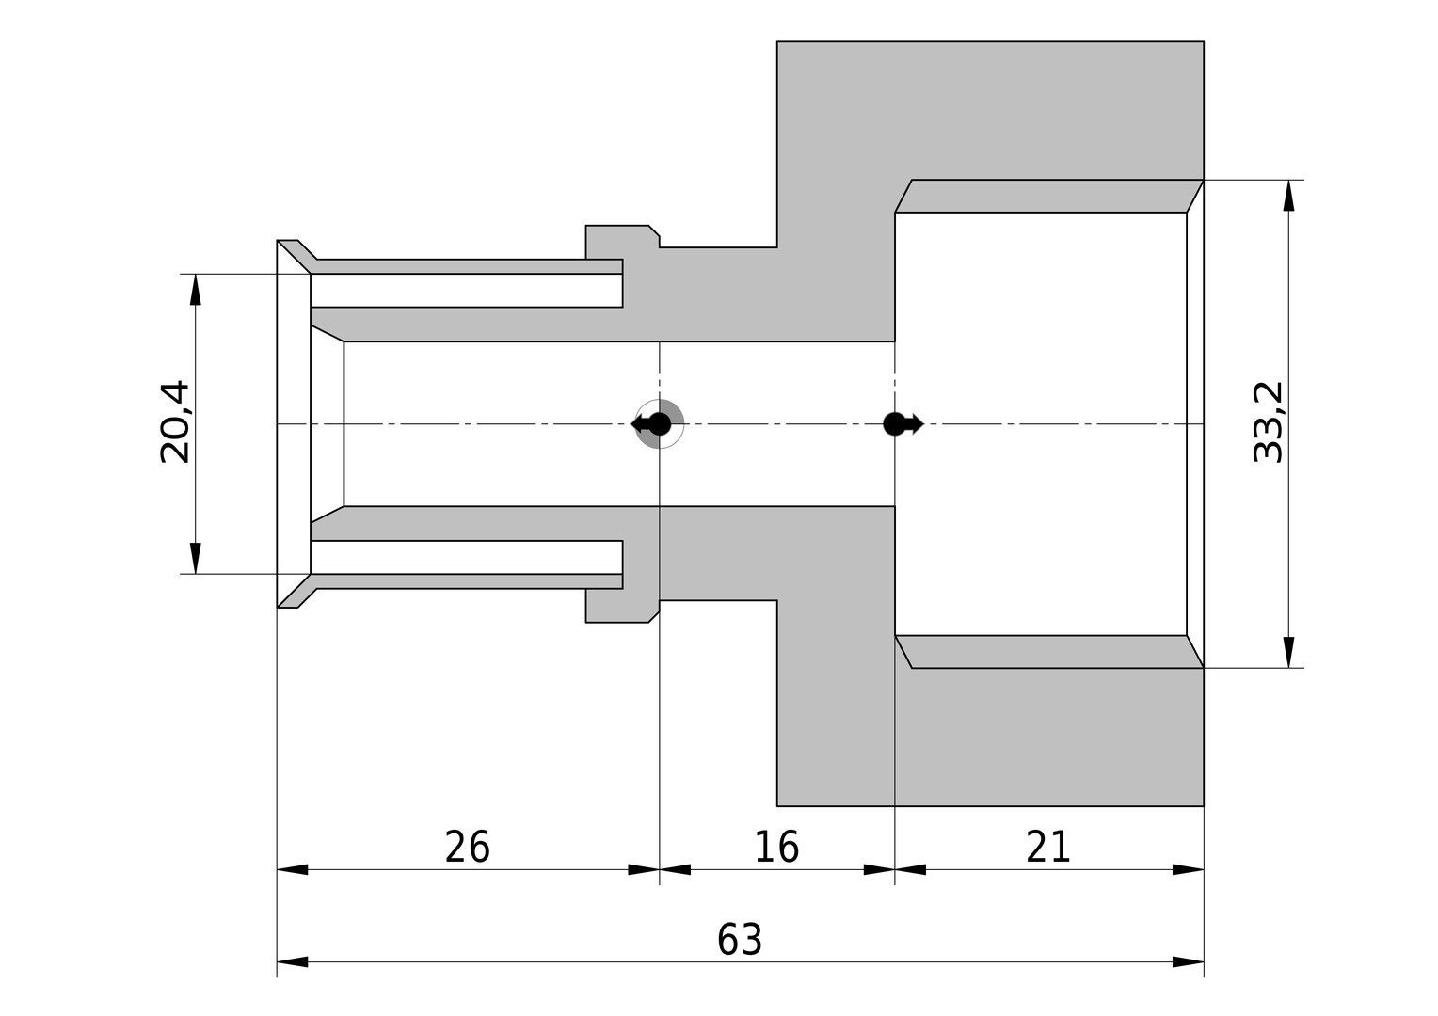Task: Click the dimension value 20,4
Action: [x=175, y=421]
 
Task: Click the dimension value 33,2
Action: [x=1268, y=421]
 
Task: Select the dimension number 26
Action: [x=468, y=848]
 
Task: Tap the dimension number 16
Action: [x=776, y=848]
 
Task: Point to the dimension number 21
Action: [x=1048, y=848]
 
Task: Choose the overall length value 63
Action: [x=740, y=940]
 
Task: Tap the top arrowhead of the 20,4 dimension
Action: [x=196, y=290]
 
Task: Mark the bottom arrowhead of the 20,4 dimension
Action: [x=196, y=559]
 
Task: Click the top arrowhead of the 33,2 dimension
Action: [x=1288, y=195]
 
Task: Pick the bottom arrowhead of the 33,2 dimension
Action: [x=1288, y=652]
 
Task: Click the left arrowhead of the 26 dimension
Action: [x=292, y=869]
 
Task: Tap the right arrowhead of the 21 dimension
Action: [x=1189, y=869]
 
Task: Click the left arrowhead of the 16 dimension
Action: [x=675, y=869]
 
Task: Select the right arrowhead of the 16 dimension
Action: [x=880, y=869]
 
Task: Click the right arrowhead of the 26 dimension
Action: [x=644, y=869]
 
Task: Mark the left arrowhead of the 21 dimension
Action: [x=910, y=869]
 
